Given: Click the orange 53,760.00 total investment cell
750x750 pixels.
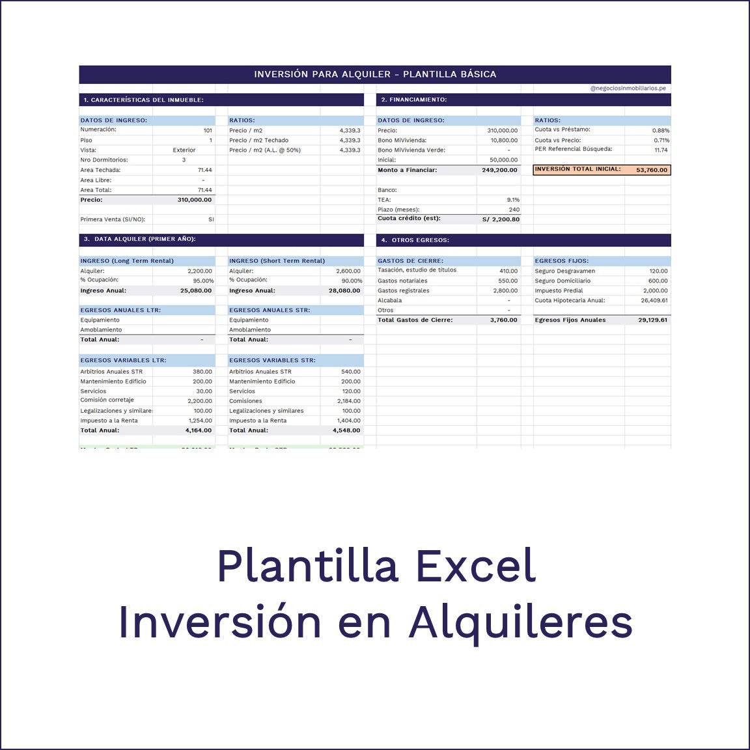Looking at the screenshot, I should [x=652, y=170].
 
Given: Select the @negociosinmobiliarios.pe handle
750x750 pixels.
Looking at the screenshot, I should [x=628, y=89].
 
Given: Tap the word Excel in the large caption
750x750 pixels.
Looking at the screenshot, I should [x=476, y=566].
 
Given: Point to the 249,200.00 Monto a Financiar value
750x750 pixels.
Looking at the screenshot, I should [x=499, y=171].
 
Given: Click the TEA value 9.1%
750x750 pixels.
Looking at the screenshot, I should [x=513, y=200].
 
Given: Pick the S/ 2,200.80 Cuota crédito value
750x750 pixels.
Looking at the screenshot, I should [x=501, y=219].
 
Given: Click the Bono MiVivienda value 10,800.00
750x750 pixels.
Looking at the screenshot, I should [x=504, y=141].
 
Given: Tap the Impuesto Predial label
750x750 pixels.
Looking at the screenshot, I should [x=559, y=291].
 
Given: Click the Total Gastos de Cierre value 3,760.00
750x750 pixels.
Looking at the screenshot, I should [x=503, y=320].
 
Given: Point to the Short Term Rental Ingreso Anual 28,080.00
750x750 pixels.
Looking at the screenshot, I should [x=344, y=291].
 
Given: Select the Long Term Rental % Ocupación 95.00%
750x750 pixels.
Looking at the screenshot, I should [x=203, y=281].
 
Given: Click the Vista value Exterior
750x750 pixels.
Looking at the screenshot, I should [x=184, y=150].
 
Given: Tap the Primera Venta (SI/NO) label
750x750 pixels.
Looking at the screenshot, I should [x=113, y=220].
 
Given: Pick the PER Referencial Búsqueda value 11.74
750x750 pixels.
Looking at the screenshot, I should [x=661, y=150].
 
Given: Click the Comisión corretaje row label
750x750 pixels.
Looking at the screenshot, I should [x=107, y=400].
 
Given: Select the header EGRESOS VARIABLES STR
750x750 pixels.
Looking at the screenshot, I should [x=272, y=360].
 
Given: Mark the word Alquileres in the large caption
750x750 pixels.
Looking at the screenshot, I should [x=520, y=622].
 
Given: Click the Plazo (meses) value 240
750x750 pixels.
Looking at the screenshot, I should [x=514, y=210].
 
